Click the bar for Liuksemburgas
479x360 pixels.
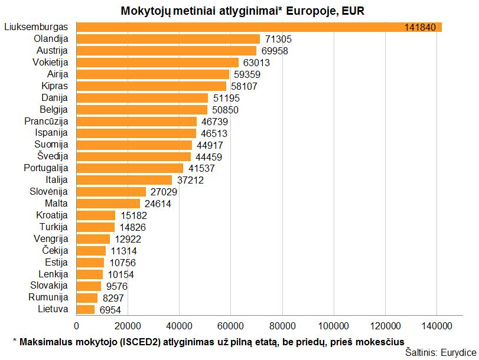click(x=236, y=27)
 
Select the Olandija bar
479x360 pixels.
click(x=168, y=39)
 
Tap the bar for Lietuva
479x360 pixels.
click(x=86, y=309)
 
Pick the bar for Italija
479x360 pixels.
click(x=124, y=180)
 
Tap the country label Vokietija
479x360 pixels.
click(x=51, y=62)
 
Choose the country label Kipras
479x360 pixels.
click(x=55, y=86)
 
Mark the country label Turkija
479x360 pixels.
click(x=54, y=227)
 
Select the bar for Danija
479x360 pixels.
click(x=142, y=97)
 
